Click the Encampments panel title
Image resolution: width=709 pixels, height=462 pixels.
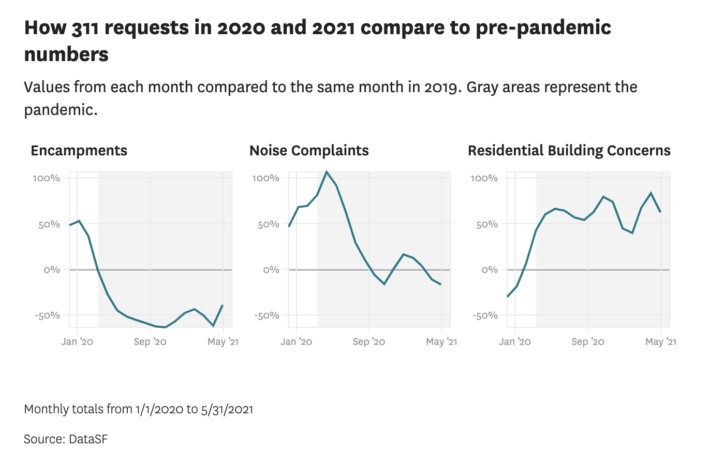79,151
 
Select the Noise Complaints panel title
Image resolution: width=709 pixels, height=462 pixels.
309,151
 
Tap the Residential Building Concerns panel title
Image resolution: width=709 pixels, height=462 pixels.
569,151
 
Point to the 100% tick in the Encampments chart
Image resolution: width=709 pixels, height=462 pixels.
47,179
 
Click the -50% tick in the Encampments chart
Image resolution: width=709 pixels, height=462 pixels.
47,315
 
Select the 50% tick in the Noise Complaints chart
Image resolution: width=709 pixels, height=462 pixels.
268,224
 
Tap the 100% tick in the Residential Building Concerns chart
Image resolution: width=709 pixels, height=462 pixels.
484,179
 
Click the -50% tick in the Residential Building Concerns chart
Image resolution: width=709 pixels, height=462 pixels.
484,315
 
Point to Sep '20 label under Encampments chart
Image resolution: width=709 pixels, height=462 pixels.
150,342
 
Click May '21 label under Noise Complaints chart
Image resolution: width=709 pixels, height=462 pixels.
441,342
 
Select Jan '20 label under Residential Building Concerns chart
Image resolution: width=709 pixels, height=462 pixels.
515,342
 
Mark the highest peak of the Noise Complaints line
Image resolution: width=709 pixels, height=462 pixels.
327,171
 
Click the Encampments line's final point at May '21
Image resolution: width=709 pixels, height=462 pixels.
223,305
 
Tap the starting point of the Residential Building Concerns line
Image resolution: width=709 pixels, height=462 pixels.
508,297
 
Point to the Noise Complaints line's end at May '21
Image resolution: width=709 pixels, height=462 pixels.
441,284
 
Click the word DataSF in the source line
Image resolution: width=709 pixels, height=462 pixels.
87,439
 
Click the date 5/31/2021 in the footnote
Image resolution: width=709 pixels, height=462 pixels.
227,409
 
